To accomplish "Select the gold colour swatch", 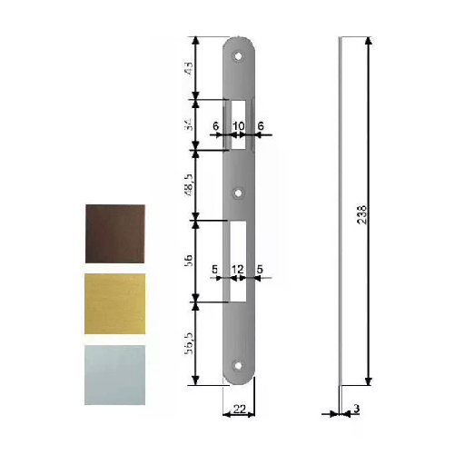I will pyautogui.click(x=114, y=302).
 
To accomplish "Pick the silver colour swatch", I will pyautogui.click(x=114, y=374).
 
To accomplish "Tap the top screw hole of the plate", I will pyautogui.click(x=240, y=55).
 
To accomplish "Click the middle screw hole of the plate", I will pyautogui.click(x=240, y=193).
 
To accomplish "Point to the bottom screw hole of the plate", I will pyautogui.click(x=240, y=366).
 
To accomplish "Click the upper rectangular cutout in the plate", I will pyautogui.click(x=240, y=122).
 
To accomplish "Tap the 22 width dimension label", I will pyautogui.click(x=240, y=410).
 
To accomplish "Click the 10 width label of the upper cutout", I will pyautogui.click(x=239, y=127).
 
